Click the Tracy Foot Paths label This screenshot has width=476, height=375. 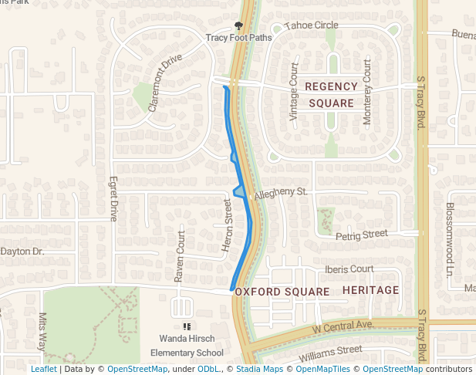pos(238,37)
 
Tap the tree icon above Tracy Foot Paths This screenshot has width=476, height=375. pos(238,25)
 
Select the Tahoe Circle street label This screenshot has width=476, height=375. pos(311,25)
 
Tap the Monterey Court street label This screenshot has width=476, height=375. pos(367,91)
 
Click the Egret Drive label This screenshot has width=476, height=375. pos(113,198)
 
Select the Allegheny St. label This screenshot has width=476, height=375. pos(281,191)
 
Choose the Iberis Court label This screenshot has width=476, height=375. pos(349,269)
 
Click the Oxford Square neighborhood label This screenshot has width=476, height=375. pos(282,292)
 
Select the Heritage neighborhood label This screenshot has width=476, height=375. pos(370,290)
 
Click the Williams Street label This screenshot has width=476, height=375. pos(330,353)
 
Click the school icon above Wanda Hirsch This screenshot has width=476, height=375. pos(186,326)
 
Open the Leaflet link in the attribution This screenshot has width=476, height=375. pos(43,369)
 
